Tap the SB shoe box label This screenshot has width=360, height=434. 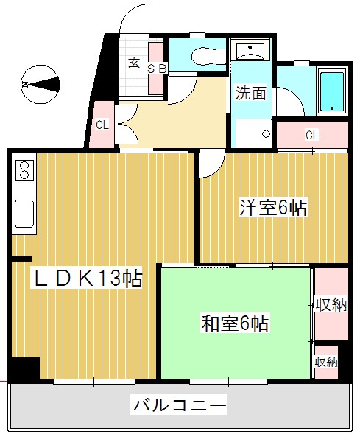pos(158,69)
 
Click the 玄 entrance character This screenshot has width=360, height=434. pos(135,63)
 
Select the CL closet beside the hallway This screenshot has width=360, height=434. pos(102,124)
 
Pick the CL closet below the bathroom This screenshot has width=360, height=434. pos(311,136)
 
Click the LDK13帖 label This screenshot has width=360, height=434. pos(86,278)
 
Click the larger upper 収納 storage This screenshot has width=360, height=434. pos(331,305)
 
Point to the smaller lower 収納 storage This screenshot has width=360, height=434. pos(326,361)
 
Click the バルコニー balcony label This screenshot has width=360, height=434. pos(179,404)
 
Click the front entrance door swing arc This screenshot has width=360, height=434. pos(134,21)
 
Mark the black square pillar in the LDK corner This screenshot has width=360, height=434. pos(24,368)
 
